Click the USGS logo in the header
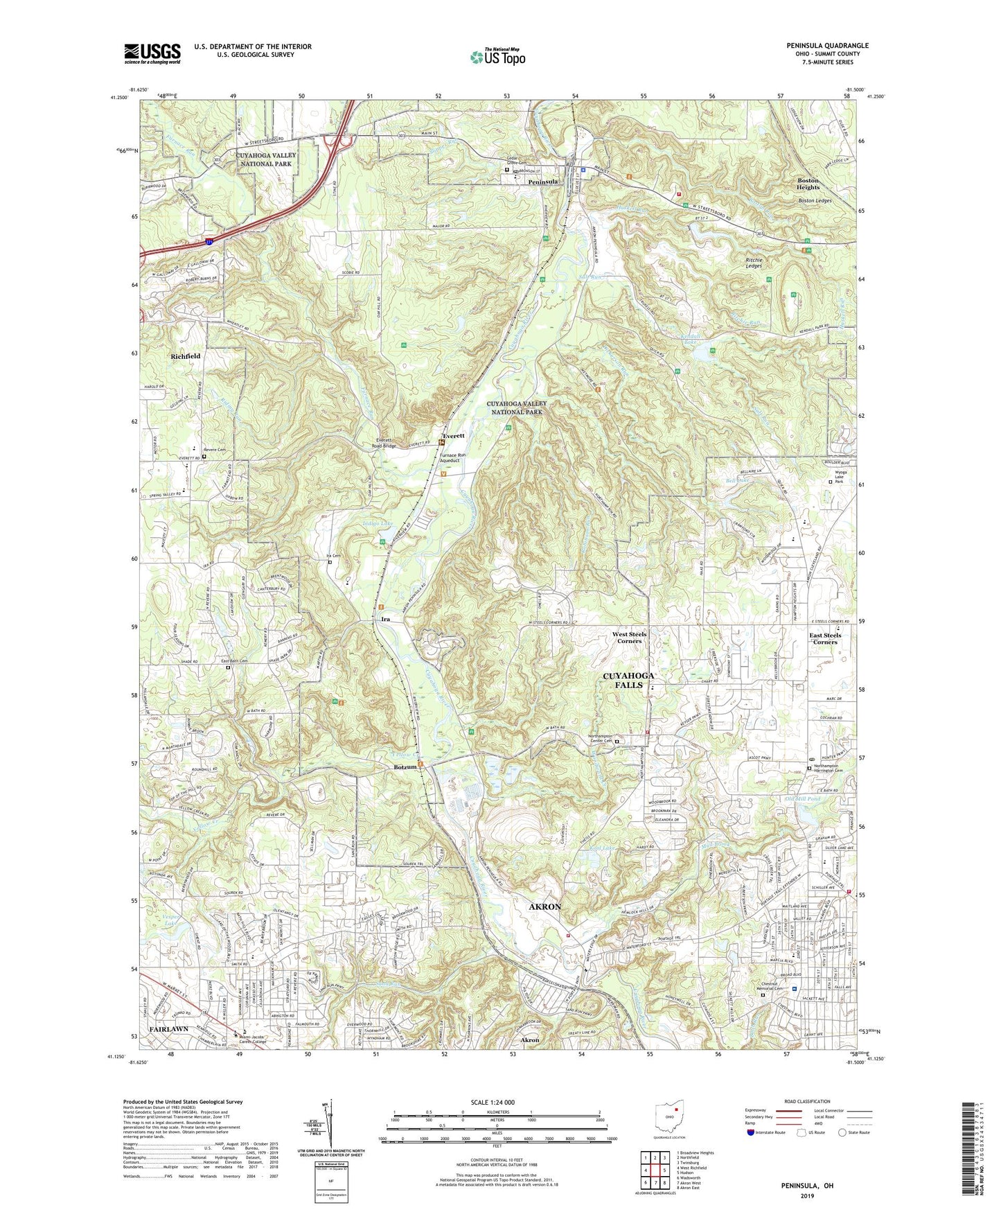click(152, 53)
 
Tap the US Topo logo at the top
click(497, 57)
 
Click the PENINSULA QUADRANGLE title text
click(827, 46)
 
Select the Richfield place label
click(186, 356)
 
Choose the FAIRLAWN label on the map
click(168, 1029)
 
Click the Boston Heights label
click(808, 184)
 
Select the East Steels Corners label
click(825, 638)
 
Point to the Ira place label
click(386, 620)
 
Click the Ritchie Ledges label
click(754, 263)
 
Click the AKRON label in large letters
click(544, 906)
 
